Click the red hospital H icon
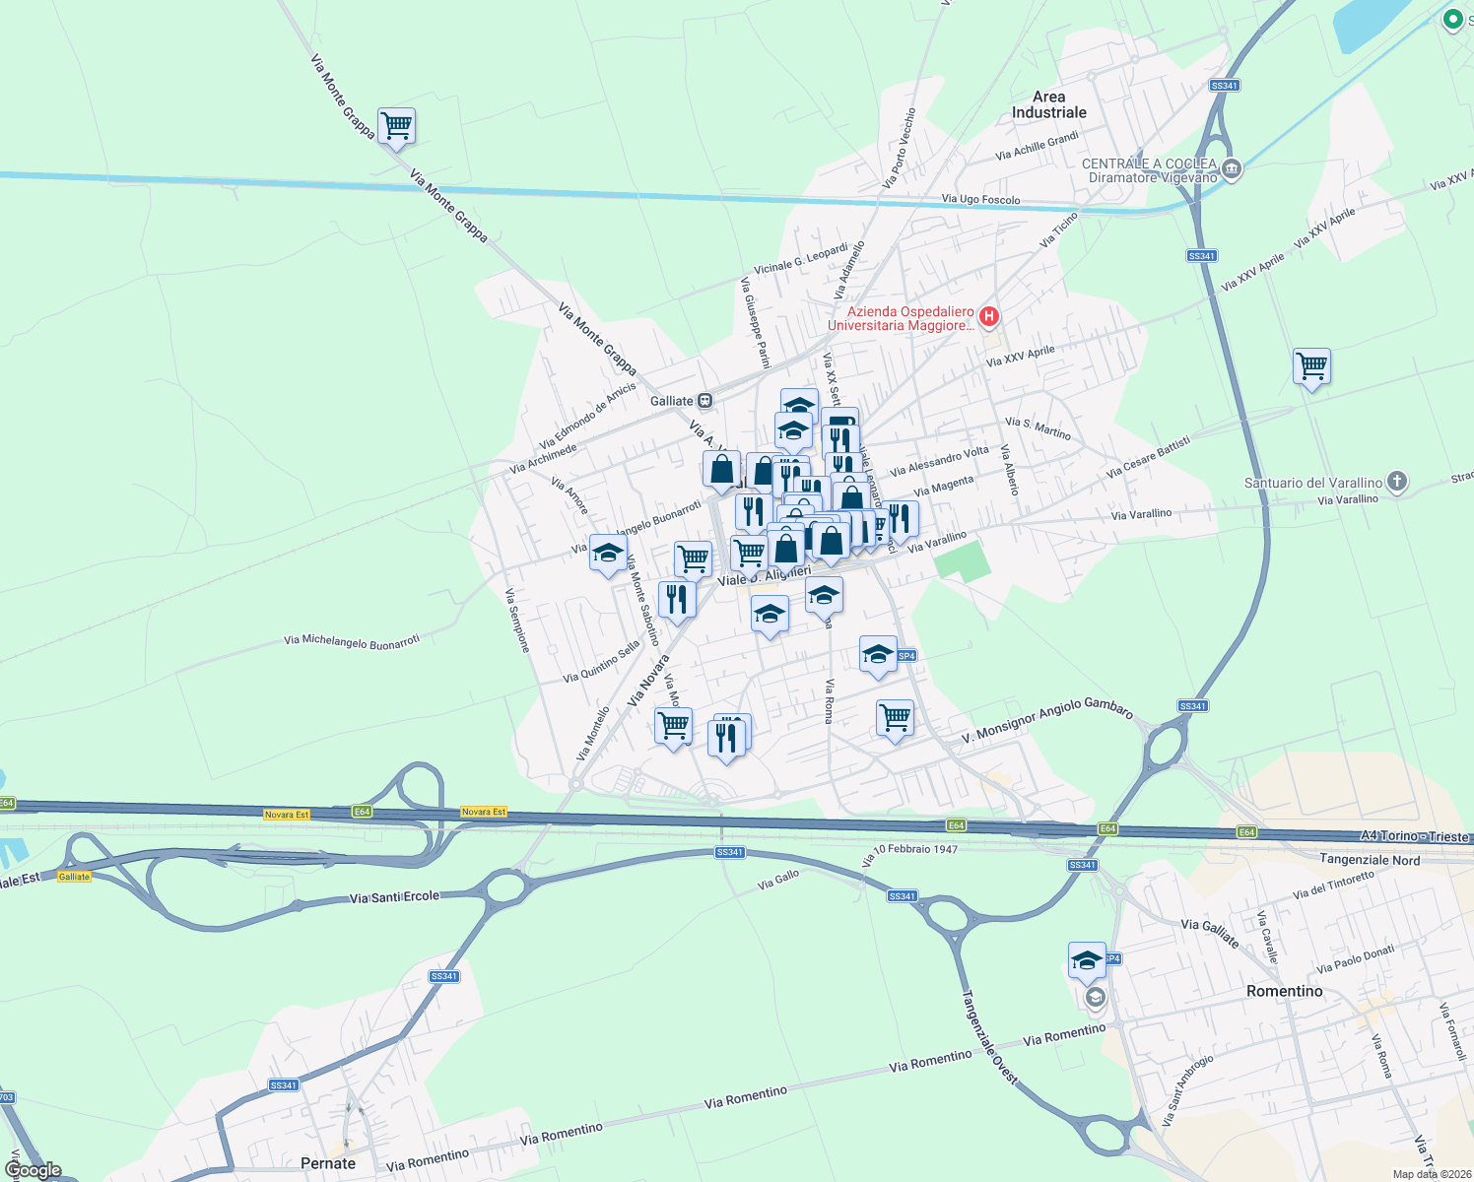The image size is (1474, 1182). [x=989, y=316]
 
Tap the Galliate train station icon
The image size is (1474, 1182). [x=704, y=401]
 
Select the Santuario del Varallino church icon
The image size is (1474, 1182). [x=1396, y=482]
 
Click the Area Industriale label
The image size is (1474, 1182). [x=1048, y=104]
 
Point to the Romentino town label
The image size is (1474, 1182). [x=1284, y=991]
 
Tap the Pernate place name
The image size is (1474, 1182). [x=328, y=1163]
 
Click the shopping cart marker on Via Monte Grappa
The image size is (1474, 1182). [x=396, y=127]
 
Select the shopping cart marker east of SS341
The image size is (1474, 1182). [x=1311, y=367]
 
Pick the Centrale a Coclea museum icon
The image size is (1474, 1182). [x=1231, y=170]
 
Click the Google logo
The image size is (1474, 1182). [x=33, y=1170]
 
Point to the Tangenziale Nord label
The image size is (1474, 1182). [x=1370, y=860]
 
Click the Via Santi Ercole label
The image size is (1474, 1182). [x=394, y=897]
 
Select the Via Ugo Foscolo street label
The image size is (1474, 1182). [x=980, y=199]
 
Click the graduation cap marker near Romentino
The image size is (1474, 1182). [x=1087, y=961]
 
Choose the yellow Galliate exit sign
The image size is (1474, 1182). [x=74, y=876]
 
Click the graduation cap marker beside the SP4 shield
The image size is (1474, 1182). [x=877, y=655]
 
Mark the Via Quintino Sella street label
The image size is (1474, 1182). [x=601, y=662]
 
